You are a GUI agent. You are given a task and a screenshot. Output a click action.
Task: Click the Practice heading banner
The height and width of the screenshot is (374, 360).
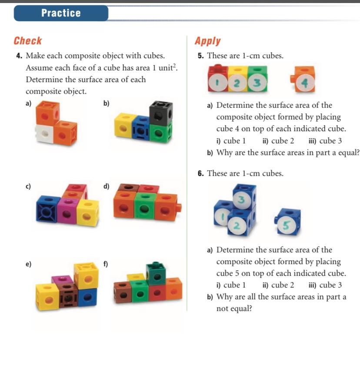61,13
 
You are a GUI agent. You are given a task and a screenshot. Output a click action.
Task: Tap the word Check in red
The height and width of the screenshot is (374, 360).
28,41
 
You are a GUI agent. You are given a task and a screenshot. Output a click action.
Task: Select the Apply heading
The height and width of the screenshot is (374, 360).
208,41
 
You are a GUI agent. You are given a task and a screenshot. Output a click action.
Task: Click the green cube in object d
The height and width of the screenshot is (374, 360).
143,206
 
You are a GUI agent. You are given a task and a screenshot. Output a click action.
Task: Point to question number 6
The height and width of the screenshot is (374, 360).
200,173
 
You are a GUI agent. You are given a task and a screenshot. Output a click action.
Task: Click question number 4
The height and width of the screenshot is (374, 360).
19,56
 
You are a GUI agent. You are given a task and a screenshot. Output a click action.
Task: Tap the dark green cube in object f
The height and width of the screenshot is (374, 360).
155,273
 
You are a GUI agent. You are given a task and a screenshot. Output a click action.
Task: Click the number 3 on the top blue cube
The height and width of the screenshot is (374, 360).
240,199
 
